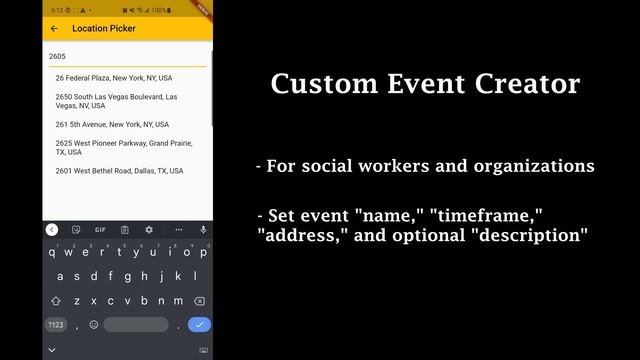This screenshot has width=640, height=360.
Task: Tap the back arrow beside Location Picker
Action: point(54,29)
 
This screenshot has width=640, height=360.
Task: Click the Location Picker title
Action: point(103,29)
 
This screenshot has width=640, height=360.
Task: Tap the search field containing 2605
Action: point(127,57)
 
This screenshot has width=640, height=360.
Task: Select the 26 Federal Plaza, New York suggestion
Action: point(113,78)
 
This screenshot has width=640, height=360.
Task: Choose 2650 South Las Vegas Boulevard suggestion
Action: point(116,101)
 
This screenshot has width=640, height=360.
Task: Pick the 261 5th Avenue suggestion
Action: point(112,125)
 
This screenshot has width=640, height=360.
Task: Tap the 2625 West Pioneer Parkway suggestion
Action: point(123,148)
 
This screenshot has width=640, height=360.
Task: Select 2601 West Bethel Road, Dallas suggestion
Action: point(119,171)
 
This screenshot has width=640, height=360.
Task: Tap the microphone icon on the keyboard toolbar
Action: point(203,230)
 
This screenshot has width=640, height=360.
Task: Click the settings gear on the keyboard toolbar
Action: point(149,230)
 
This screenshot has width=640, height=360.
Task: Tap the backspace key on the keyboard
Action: point(200,300)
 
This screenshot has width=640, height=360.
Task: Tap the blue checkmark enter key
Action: point(200,324)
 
